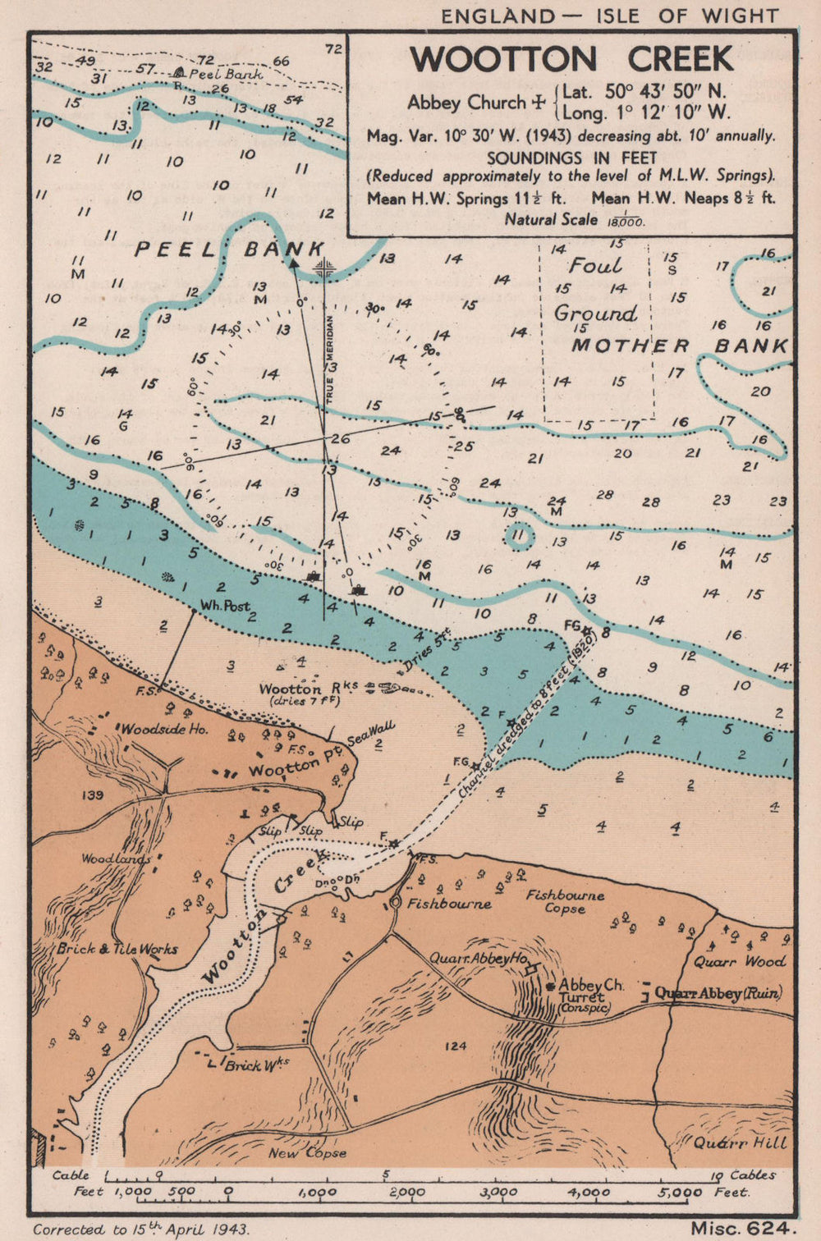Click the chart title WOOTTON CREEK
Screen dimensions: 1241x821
[571, 59]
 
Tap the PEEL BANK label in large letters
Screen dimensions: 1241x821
[230, 249]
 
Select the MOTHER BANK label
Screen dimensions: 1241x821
[680, 346]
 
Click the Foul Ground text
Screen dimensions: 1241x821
[595, 289]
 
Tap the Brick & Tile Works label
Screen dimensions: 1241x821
[117, 949]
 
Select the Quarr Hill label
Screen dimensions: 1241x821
[740, 1142]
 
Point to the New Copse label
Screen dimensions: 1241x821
[307, 1152]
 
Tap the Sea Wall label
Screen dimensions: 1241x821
[383, 732]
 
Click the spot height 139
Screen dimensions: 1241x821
[94, 795]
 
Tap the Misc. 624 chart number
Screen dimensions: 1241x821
[743, 1228]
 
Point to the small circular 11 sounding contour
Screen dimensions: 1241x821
[517, 537]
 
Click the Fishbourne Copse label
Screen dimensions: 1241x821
[565, 901]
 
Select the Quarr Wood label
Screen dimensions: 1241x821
[739, 961]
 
